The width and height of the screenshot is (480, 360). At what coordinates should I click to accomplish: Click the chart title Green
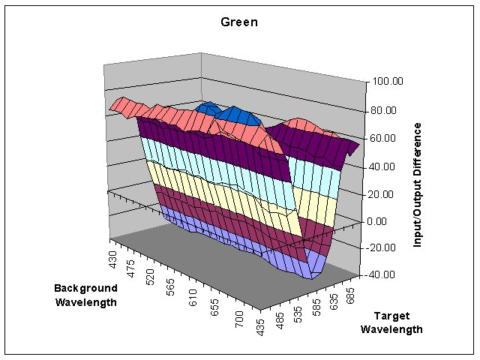point(239,22)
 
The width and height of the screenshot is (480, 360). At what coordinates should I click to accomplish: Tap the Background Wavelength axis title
point(85,295)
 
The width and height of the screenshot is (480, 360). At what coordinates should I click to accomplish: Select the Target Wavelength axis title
point(391,322)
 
